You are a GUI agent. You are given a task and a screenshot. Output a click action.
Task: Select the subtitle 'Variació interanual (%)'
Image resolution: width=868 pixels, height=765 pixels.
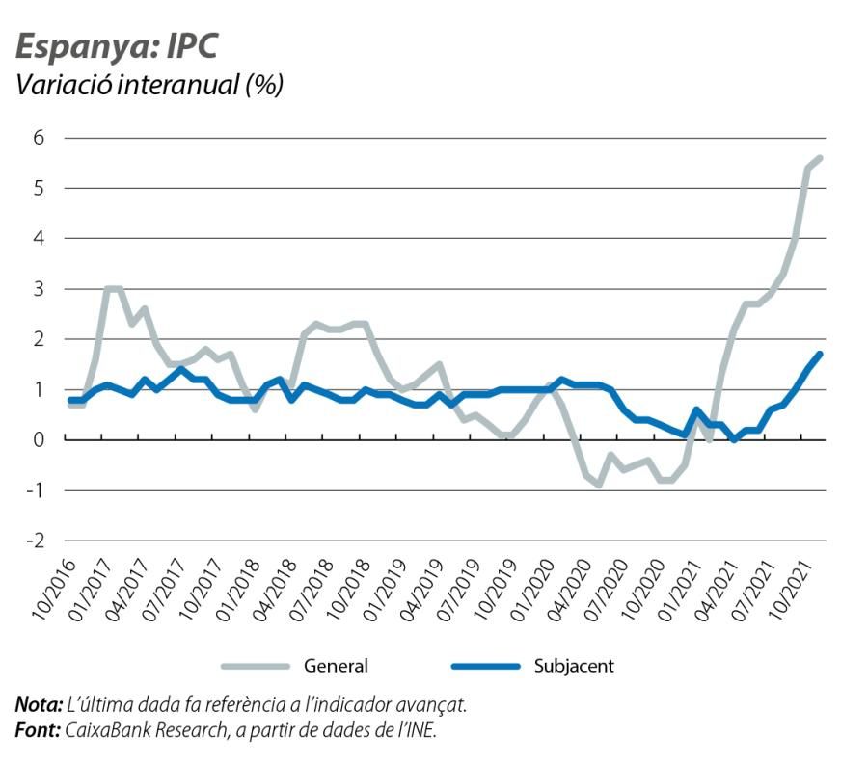coord(149,85)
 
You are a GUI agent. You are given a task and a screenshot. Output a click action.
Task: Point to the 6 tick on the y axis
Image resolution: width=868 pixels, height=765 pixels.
coord(39,137)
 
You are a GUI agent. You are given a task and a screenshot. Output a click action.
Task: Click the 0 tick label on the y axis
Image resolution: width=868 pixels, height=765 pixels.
coord(39,439)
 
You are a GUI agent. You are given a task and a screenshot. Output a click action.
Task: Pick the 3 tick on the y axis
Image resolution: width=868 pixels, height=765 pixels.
coord(39,288)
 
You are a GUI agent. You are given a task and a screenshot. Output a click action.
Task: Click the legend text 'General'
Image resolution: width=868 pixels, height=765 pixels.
coord(336,666)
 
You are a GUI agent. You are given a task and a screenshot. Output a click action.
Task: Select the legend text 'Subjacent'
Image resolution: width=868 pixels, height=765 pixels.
coord(574,666)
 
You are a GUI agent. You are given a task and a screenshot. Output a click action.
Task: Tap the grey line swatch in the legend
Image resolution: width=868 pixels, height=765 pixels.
coord(256,666)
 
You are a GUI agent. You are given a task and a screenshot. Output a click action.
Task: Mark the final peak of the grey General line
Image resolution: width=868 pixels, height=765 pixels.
coord(820,157)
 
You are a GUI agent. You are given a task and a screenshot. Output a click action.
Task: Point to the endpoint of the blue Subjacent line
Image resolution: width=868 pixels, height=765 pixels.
coord(820,354)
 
